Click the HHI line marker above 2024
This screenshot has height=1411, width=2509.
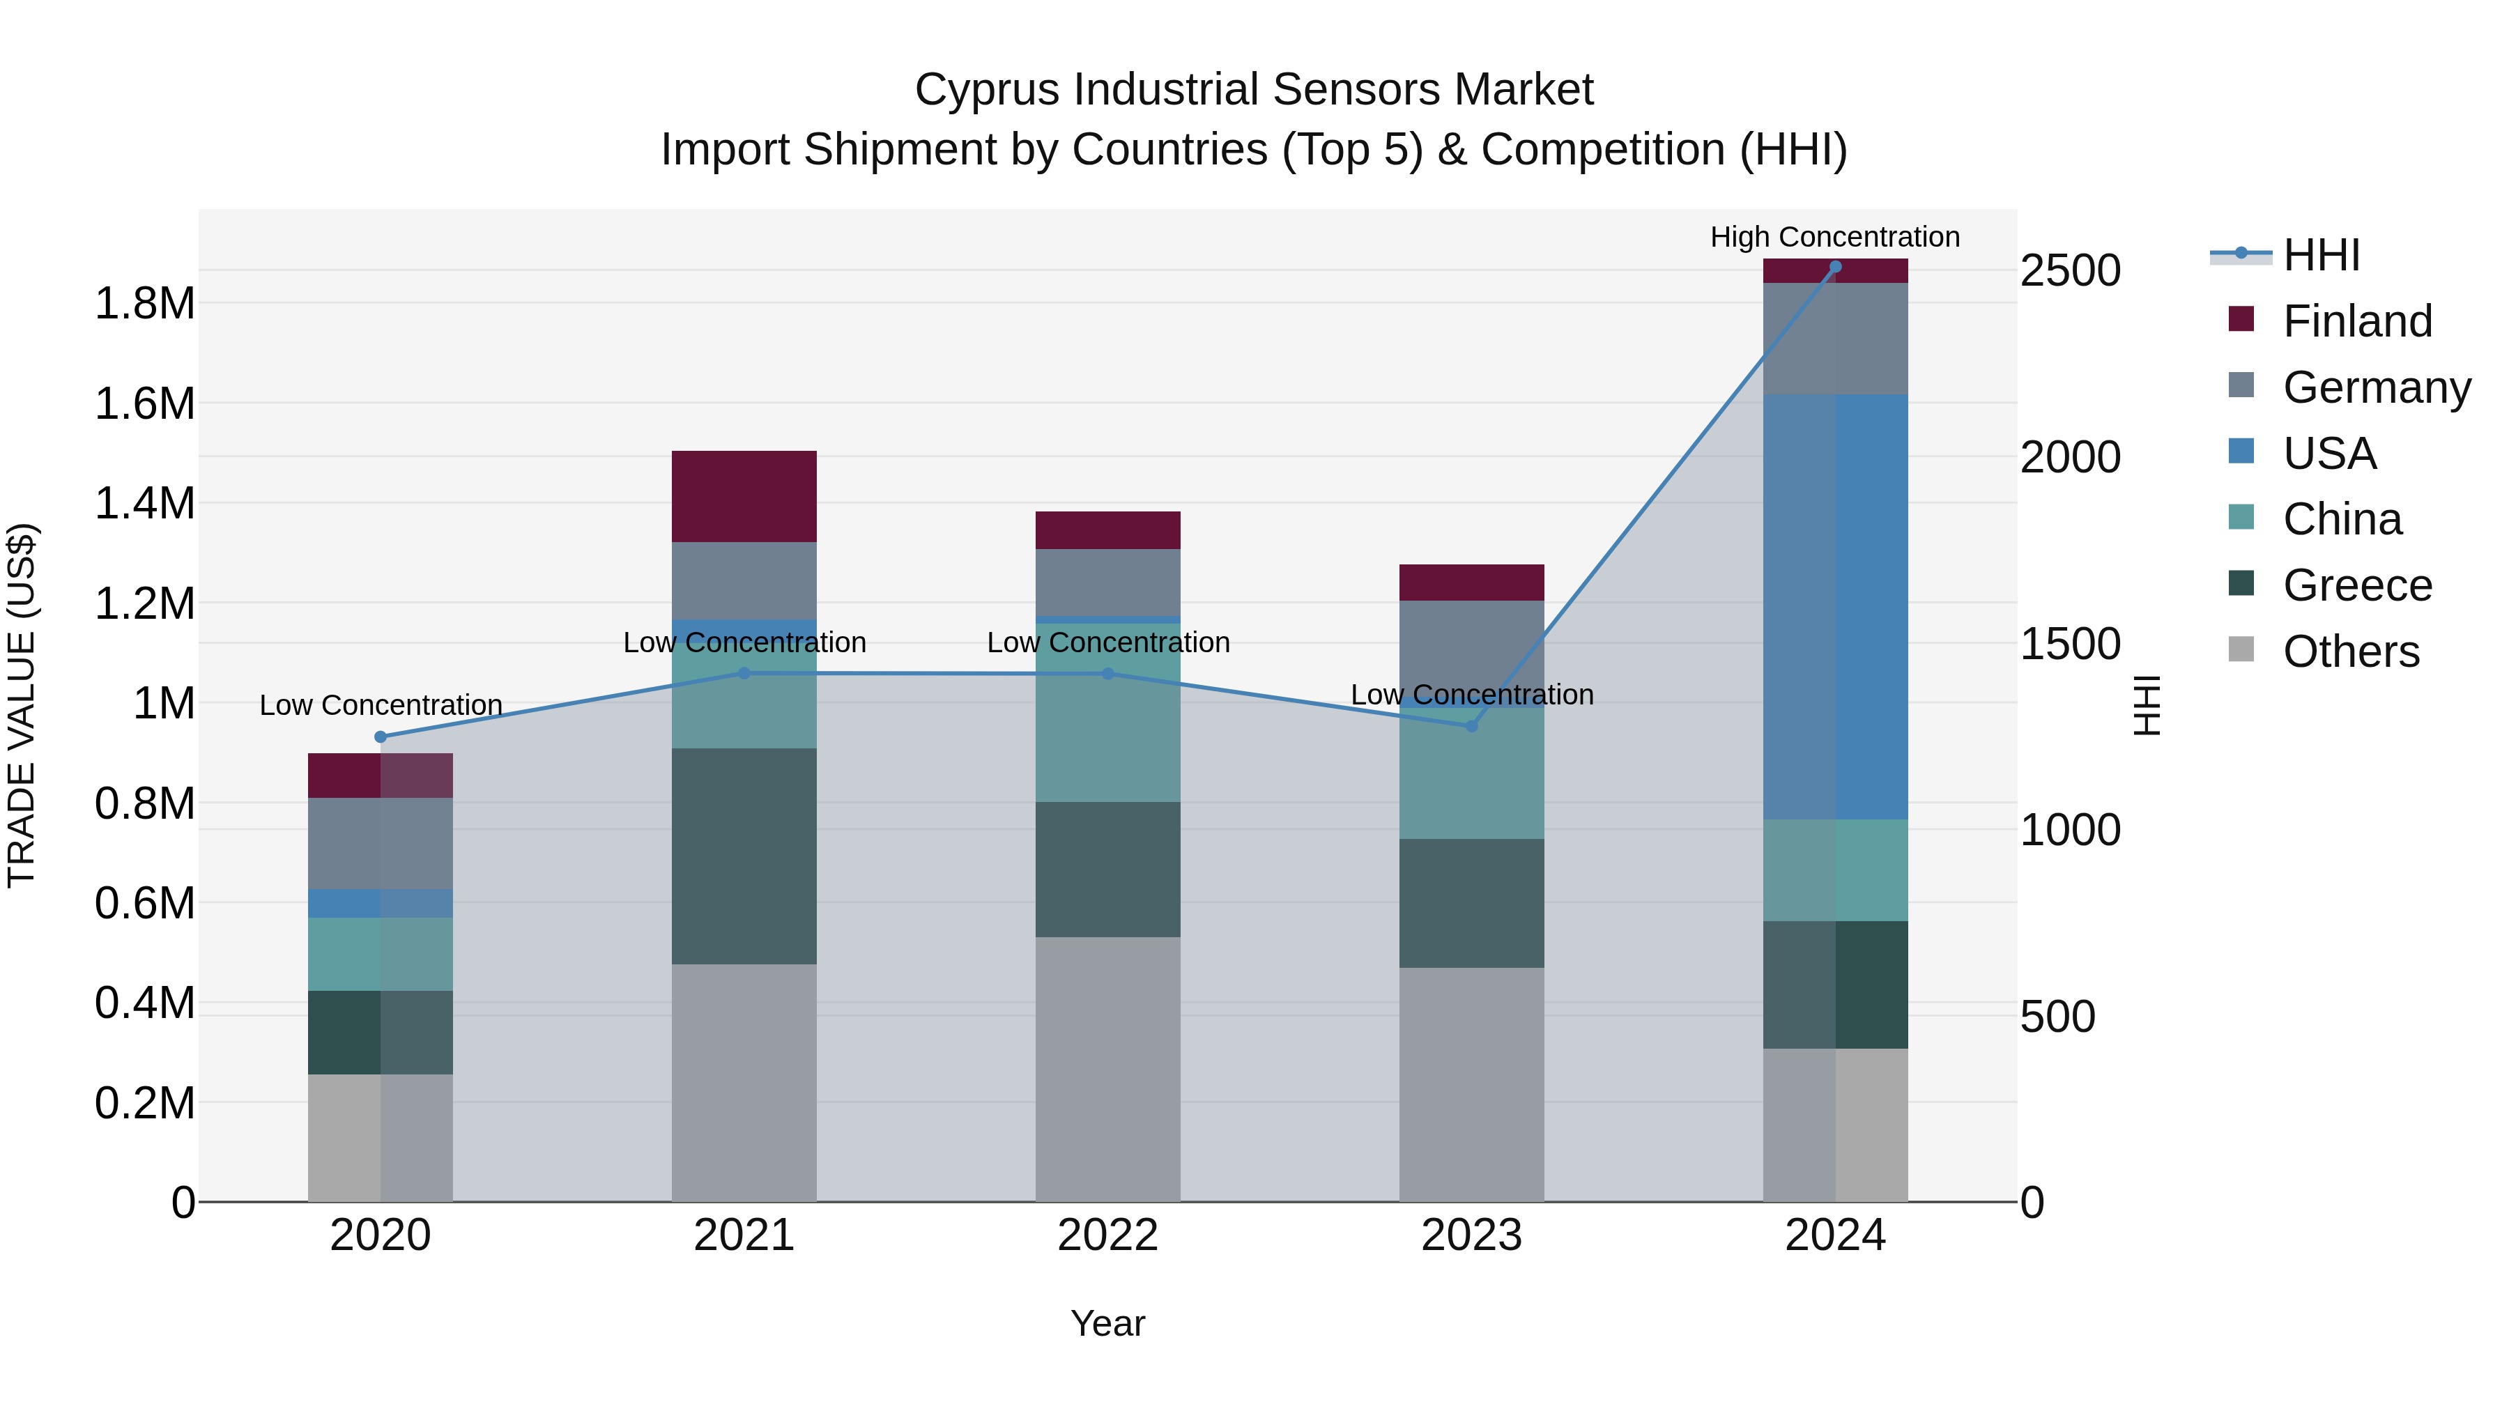pyautogui.click(x=1835, y=267)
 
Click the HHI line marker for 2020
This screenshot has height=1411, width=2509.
pyautogui.click(x=380, y=737)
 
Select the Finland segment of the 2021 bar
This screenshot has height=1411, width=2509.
pyautogui.click(x=744, y=497)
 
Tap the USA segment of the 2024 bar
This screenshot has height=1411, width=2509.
pyautogui.click(x=1835, y=607)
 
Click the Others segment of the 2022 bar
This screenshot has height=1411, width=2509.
pyautogui.click(x=1107, y=1069)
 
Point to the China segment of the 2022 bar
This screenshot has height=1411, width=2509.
pyautogui.click(x=1107, y=720)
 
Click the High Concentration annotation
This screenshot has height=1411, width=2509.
pyautogui.click(x=1835, y=237)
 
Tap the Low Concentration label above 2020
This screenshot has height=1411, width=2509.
pyautogui.click(x=380, y=705)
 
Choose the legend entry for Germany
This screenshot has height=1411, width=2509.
pyautogui.click(x=2376, y=387)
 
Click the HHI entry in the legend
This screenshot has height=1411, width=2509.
pyautogui.click(x=2320, y=255)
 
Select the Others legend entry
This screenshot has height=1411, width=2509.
pyautogui.click(x=2350, y=651)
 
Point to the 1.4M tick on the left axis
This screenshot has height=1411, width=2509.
pyautogui.click(x=144, y=504)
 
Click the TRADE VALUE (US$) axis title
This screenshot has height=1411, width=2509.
pyautogui.click(x=22, y=705)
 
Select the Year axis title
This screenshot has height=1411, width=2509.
pyautogui.click(x=1107, y=1323)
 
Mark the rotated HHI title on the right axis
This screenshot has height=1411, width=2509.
pyautogui.click(x=2147, y=705)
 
